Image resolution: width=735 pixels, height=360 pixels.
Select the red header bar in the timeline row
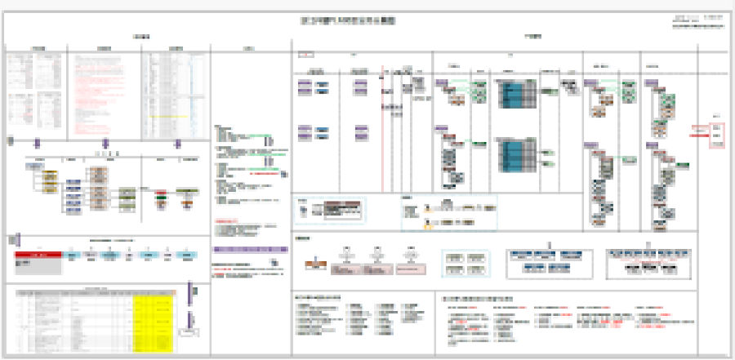click(38, 255)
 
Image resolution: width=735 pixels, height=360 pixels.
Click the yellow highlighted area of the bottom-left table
click(153, 313)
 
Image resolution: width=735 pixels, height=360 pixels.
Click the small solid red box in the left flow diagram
click(160, 193)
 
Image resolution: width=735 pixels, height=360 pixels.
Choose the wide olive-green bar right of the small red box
click(189, 193)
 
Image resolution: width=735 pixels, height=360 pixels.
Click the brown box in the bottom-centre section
click(314, 264)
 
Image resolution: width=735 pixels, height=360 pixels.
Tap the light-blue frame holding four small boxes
click(465, 263)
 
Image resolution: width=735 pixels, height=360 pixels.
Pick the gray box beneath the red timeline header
click(38, 265)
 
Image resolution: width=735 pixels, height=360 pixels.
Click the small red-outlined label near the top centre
click(304, 55)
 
